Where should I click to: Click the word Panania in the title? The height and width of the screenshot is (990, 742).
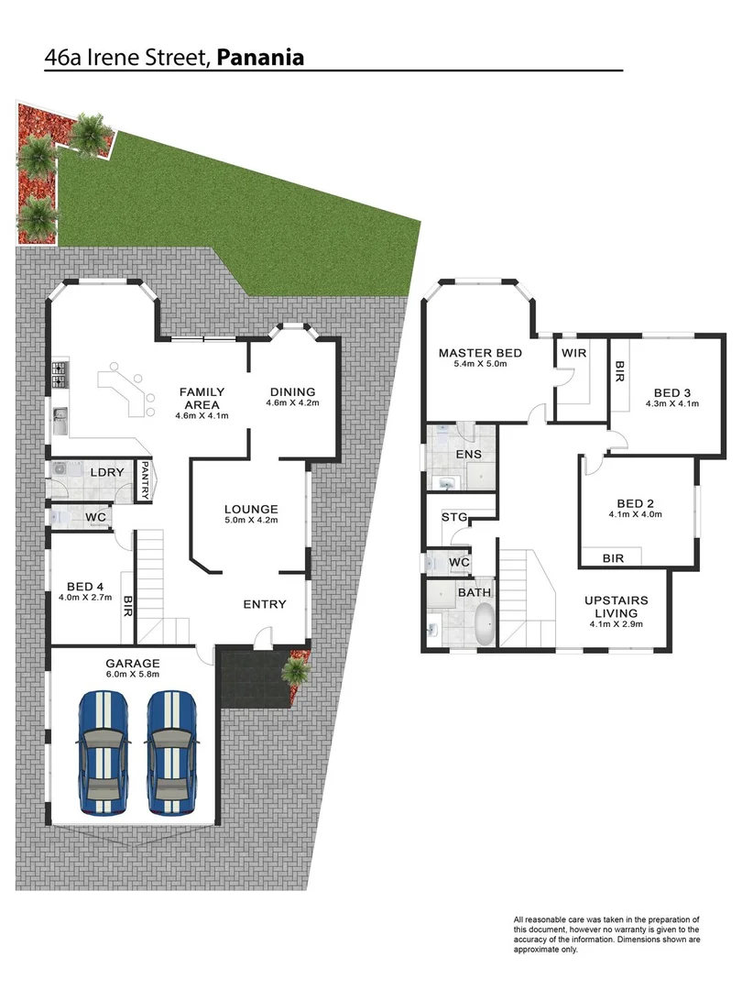260,58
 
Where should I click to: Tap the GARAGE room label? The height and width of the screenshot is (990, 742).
132,663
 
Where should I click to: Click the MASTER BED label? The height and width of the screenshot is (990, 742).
480,353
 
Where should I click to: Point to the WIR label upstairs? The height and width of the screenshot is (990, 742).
574,353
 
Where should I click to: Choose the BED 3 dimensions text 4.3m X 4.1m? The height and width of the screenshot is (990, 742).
671,402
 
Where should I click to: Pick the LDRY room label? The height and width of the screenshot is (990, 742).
108,472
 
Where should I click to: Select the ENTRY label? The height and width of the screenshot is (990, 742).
265,604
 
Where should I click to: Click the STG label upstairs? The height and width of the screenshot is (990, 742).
454,517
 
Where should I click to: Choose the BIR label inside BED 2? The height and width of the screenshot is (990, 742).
614,557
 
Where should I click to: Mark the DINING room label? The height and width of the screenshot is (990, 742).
292,391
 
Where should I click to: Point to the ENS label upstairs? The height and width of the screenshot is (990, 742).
468,454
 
